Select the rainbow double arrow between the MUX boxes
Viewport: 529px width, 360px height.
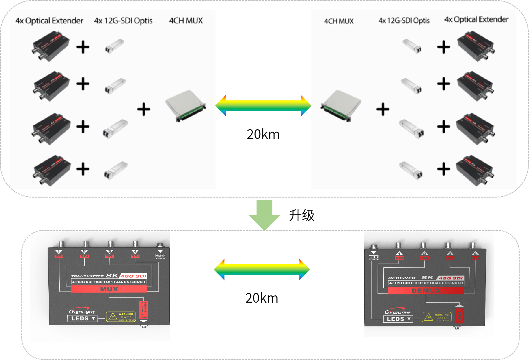[263, 105]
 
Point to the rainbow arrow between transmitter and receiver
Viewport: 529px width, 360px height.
[262, 269]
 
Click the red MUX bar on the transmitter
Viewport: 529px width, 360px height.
[109, 290]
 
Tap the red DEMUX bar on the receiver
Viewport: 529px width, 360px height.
[426, 291]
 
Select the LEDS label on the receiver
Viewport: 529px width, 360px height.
[398, 319]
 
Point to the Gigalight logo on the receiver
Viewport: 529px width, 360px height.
[397, 312]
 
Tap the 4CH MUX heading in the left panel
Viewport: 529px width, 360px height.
[186, 21]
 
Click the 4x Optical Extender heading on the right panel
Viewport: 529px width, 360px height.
[477, 19]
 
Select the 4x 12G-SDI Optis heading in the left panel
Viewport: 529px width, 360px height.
[123, 21]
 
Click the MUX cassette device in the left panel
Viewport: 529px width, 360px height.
[185, 106]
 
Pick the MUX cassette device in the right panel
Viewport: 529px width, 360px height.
[341, 106]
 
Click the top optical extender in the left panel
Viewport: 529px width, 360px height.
[51, 46]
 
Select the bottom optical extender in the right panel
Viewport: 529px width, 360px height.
[475, 170]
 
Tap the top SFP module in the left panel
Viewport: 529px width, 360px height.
[114, 46]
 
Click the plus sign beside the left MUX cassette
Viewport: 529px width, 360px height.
[144, 110]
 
